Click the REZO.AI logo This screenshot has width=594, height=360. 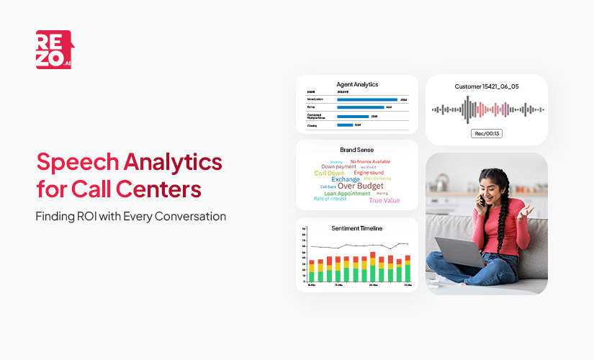pyautogui.click(x=53, y=50)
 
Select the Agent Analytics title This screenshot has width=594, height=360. pyautogui.click(x=356, y=84)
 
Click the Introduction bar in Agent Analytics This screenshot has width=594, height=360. pyautogui.click(x=367, y=99)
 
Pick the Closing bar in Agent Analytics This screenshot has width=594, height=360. pyautogui.click(x=345, y=125)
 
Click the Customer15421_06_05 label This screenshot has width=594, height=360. pyautogui.click(x=487, y=86)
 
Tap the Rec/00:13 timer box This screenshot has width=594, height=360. pyautogui.click(x=487, y=134)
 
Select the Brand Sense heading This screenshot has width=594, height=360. pyautogui.click(x=356, y=150)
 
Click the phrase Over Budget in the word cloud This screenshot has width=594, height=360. pyautogui.click(x=360, y=186)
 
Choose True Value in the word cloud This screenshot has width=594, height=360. pyautogui.click(x=385, y=200)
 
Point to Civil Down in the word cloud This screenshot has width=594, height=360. pyautogui.click(x=329, y=173)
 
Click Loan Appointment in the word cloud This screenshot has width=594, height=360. pyautogui.click(x=347, y=194)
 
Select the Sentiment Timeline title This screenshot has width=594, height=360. pyautogui.click(x=356, y=228)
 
